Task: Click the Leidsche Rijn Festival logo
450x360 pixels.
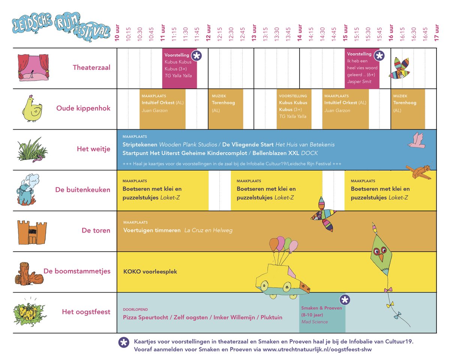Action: pos(60,27)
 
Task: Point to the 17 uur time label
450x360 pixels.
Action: pos(436,34)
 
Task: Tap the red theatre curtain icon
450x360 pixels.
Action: pos(33,68)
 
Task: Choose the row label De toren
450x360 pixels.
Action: pos(96,230)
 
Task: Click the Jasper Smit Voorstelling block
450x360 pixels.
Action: pos(362,68)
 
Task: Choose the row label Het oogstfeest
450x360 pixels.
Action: pos(86,312)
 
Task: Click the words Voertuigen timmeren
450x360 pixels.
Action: pos(152,230)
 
